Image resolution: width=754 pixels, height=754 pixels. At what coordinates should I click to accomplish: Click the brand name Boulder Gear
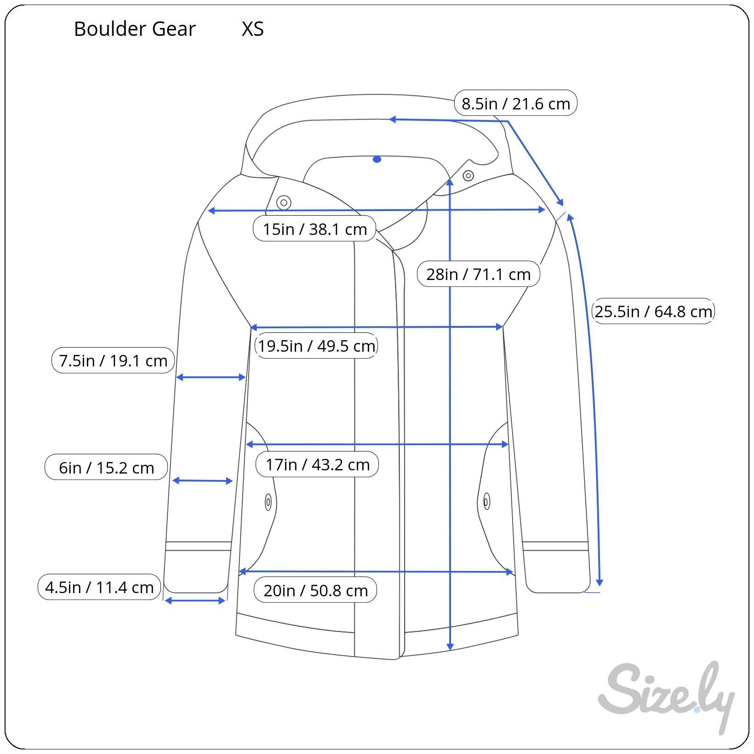coord(135,29)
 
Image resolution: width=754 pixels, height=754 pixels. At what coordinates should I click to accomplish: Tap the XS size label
coord(253,29)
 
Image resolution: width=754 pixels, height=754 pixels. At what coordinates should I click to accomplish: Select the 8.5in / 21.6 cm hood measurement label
coord(515,103)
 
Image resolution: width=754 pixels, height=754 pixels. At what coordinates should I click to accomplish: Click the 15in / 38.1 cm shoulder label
coord(315,228)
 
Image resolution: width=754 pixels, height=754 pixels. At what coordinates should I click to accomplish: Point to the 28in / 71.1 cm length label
coord(478,274)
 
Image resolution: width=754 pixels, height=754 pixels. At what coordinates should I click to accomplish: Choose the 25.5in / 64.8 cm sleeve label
coord(653,311)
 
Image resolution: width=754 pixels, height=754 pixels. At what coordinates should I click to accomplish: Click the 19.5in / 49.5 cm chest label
coord(316,346)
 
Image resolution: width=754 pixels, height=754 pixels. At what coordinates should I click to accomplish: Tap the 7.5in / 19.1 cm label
coord(113,360)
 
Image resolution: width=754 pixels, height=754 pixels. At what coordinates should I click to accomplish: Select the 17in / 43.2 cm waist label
coord(317,464)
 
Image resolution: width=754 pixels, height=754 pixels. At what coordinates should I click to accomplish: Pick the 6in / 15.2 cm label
coord(106,467)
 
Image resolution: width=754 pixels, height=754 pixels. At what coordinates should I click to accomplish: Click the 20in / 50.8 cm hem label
coord(315,590)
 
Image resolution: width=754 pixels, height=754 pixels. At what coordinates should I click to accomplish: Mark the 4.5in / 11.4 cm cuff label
coord(99,587)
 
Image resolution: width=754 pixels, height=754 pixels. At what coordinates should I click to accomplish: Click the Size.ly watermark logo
coord(666,697)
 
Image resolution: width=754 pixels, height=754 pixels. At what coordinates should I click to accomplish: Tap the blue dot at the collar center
coord(377,160)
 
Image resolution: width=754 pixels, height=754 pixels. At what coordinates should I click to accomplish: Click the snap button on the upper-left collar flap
coord(284,202)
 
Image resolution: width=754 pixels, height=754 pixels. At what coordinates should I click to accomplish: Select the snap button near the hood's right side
coord(468,176)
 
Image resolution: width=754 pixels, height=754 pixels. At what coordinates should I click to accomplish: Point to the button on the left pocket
coord(268,503)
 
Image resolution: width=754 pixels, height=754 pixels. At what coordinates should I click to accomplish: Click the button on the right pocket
coord(486,501)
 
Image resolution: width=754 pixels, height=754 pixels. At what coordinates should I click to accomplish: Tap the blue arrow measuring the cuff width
coord(195,600)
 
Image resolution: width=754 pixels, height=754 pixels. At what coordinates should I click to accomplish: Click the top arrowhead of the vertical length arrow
coord(450,182)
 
